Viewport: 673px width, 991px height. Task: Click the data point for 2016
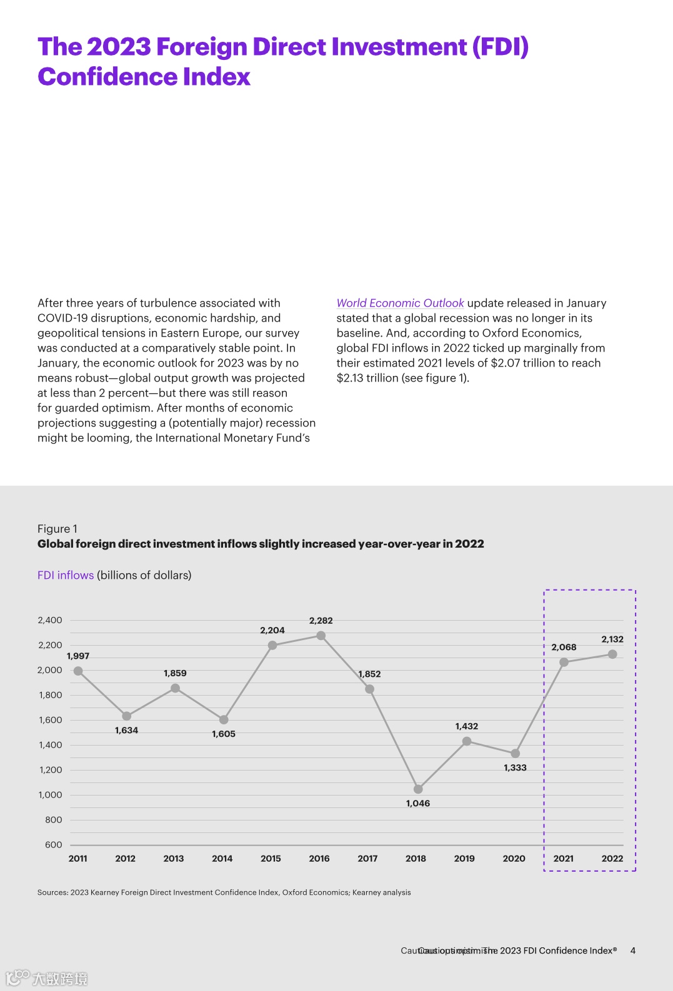(x=321, y=636)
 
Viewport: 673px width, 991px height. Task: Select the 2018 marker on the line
(x=418, y=789)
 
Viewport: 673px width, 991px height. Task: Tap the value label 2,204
(x=272, y=631)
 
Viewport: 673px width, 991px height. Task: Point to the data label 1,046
(x=418, y=804)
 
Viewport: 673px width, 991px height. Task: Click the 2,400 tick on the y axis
(x=50, y=620)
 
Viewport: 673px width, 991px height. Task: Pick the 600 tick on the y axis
(x=54, y=845)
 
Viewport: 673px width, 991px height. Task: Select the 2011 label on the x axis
(x=78, y=859)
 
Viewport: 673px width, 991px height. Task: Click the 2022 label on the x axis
(x=612, y=859)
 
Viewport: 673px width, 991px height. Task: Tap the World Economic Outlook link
(x=400, y=303)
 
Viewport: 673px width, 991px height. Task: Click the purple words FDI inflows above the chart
(x=66, y=575)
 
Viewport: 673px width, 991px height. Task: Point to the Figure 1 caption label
(x=57, y=529)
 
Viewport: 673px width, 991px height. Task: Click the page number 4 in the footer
(x=633, y=950)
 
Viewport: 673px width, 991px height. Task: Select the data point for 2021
(x=564, y=662)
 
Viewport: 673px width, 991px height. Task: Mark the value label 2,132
(x=612, y=639)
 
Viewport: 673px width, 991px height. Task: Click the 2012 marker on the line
(x=126, y=716)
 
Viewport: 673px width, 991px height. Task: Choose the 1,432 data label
(x=467, y=726)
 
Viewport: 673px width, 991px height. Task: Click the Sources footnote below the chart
(x=224, y=892)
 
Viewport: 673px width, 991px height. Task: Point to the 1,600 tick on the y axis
(x=50, y=720)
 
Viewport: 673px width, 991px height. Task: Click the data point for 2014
(x=224, y=720)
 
